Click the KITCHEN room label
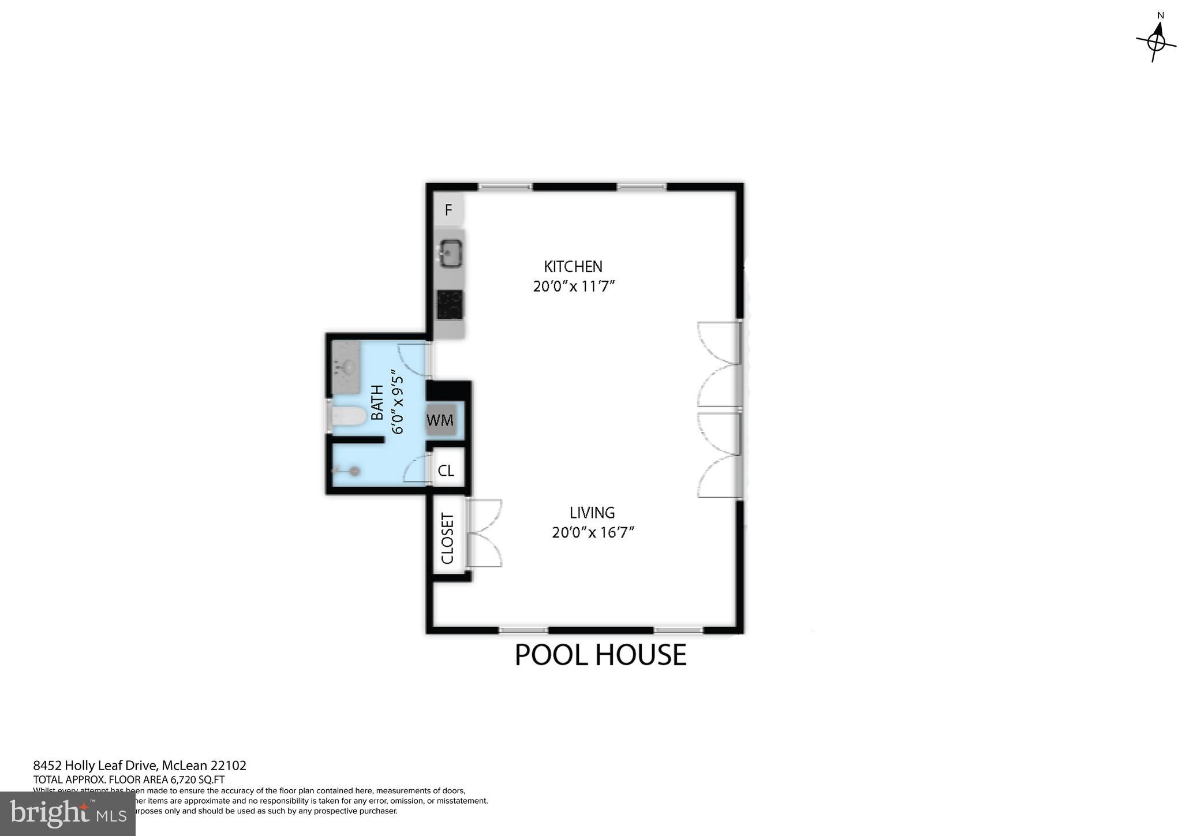click(573, 267)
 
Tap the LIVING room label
click(592, 513)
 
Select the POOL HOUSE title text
click(600, 655)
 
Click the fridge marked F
click(448, 210)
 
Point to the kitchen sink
click(450, 253)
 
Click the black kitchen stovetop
click(450, 304)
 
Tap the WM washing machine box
click(440, 420)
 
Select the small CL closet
click(446, 471)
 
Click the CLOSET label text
click(448, 539)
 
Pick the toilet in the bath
click(348, 416)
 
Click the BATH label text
click(377, 402)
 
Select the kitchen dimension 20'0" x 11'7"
click(574, 286)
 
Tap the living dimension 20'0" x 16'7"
click(593, 532)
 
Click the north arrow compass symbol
click(1156, 41)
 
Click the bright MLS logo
click(68, 814)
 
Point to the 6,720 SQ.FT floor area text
click(196, 779)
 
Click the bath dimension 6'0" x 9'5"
click(398, 402)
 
